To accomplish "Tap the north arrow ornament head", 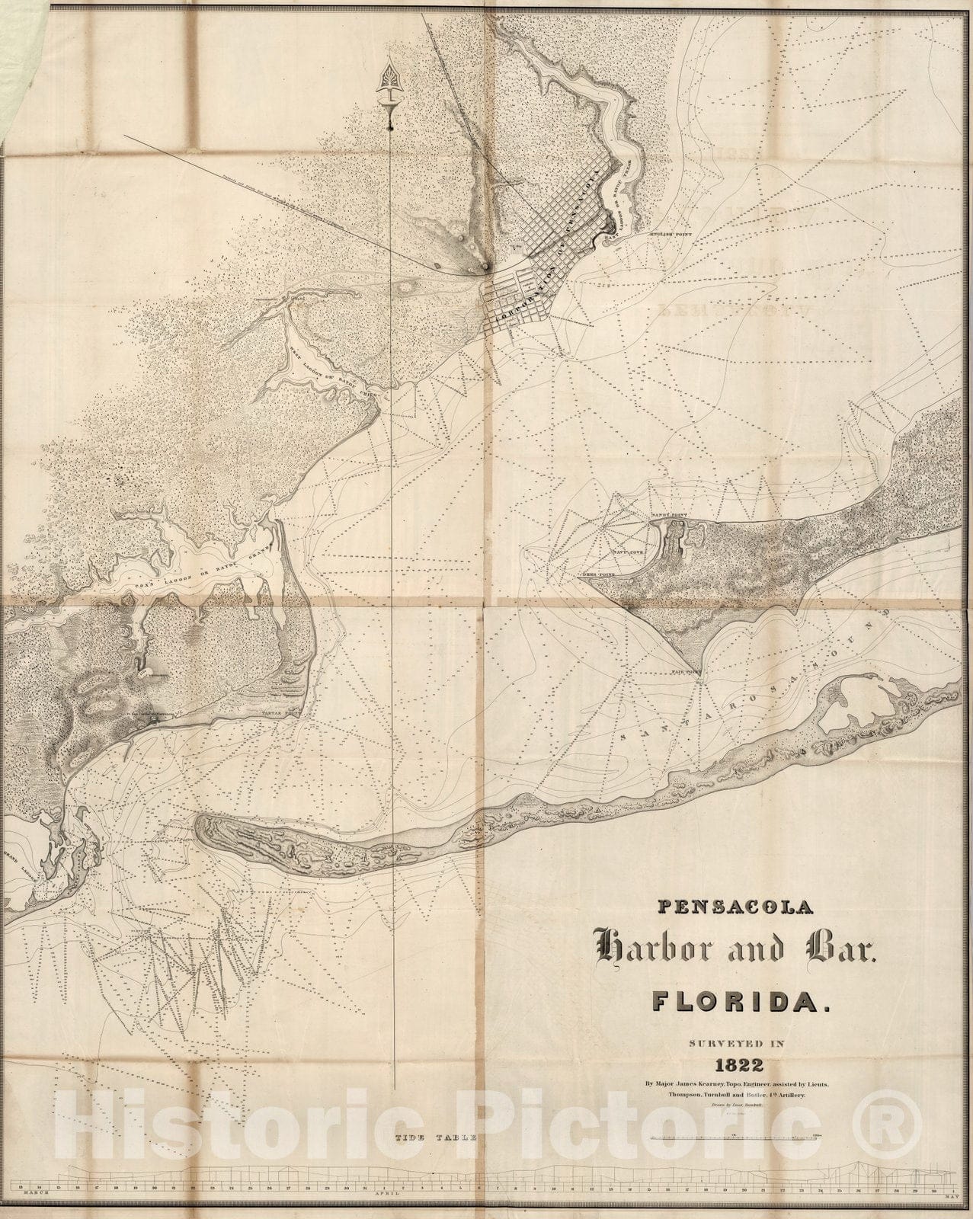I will (x=390, y=85).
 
